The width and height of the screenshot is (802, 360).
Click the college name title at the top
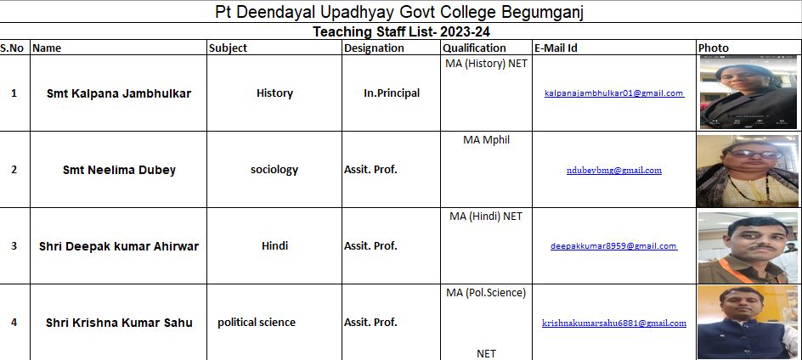pyautogui.click(x=400, y=12)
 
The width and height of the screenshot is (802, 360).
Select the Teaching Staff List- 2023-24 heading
pyautogui.click(x=400, y=32)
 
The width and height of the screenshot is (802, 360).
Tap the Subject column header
pyautogui.click(x=228, y=48)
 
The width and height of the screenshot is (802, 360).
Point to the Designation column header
pyautogui.click(x=374, y=48)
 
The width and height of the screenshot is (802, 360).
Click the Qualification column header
pyautogui.click(x=474, y=48)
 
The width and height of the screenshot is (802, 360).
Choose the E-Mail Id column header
pyautogui.click(x=556, y=48)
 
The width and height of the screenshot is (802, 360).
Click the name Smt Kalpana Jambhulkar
pyautogui.click(x=119, y=93)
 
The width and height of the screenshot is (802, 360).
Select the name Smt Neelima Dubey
pyautogui.click(x=119, y=170)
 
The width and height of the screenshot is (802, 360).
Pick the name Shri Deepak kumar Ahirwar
pyautogui.click(x=119, y=246)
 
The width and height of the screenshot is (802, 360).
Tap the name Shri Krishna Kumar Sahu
pyautogui.click(x=119, y=323)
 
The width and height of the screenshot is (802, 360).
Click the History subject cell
pyautogui.click(x=274, y=93)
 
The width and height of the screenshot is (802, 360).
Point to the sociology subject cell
pyautogui.click(x=274, y=170)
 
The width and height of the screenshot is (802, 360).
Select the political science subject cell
pyautogui.click(x=257, y=323)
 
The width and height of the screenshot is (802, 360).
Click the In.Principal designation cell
pyautogui.click(x=392, y=93)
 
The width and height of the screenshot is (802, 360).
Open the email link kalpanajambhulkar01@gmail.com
pyautogui.click(x=614, y=93)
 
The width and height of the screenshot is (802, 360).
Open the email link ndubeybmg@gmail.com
pyautogui.click(x=614, y=170)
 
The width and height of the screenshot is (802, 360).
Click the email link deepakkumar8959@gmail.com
pyautogui.click(x=614, y=246)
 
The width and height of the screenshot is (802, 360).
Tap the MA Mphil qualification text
pyautogui.click(x=486, y=140)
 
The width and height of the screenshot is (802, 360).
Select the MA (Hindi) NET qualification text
pyautogui.click(x=486, y=217)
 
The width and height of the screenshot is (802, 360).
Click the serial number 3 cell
pyautogui.click(x=14, y=246)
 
